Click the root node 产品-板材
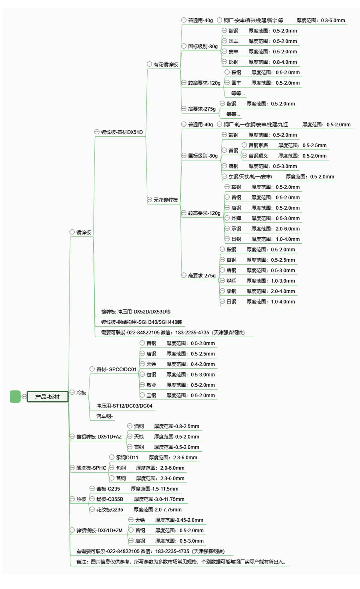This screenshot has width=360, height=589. point(47,397)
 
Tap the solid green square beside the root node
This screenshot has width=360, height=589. point(15,397)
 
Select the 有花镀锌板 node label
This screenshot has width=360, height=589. point(166,65)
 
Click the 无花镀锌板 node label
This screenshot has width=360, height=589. point(166,200)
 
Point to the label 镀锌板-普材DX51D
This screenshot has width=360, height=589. point(122,132)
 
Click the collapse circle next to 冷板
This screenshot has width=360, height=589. point(72,392)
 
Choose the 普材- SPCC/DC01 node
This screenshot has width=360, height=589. point(116,369)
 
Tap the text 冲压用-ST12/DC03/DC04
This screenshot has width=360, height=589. point(124,406)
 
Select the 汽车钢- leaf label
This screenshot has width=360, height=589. point(104,416)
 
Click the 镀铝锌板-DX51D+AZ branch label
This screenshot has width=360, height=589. point(99,437)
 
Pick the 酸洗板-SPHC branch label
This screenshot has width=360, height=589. point(91,468)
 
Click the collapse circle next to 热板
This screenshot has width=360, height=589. point(72,499)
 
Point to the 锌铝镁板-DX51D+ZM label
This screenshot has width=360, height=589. point(99,530)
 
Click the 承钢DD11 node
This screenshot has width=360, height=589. point(127,458)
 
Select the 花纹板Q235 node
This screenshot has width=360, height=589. point(110,510)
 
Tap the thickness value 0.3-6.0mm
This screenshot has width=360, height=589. point(333,21)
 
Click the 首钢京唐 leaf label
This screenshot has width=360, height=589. point(258,146)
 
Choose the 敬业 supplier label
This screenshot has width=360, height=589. point(151,385)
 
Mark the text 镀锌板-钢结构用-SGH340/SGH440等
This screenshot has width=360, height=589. point(141,322)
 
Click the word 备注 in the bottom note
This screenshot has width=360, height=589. point(81,562)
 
